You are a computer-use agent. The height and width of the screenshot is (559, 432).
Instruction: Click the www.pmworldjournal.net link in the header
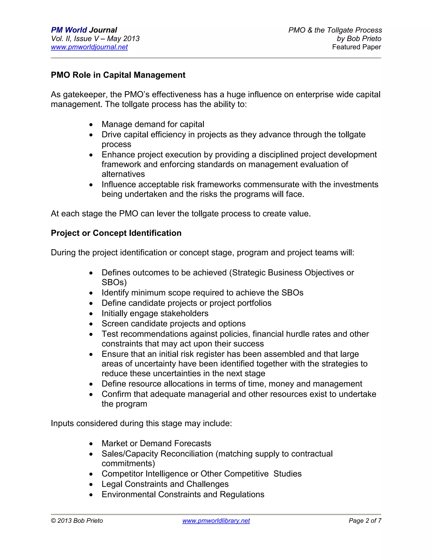click(89, 47)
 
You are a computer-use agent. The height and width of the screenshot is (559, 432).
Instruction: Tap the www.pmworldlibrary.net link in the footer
click(216, 521)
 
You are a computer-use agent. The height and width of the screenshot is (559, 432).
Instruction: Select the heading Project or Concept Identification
click(116, 233)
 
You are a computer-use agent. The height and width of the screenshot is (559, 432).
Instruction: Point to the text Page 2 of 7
click(365, 521)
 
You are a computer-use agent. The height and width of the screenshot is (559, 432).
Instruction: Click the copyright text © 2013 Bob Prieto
click(77, 521)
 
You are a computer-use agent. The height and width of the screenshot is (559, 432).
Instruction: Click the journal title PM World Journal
click(84, 30)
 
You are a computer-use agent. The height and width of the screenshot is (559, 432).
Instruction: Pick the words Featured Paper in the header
click(356, 47)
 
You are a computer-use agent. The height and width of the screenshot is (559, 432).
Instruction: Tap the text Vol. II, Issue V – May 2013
click(95, 39)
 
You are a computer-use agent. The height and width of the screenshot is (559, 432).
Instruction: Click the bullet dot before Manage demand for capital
click(91, 125)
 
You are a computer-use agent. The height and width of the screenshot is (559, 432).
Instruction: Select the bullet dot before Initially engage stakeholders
click(91, 314)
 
